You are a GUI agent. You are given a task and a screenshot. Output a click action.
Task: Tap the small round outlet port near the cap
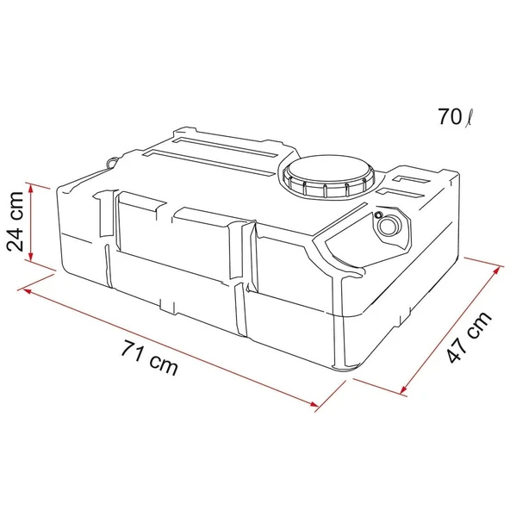coord(389,225)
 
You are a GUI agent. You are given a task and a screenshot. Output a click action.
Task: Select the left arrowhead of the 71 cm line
coord(28,290)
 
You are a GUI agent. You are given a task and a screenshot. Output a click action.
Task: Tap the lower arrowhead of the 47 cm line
coord(405,392)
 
